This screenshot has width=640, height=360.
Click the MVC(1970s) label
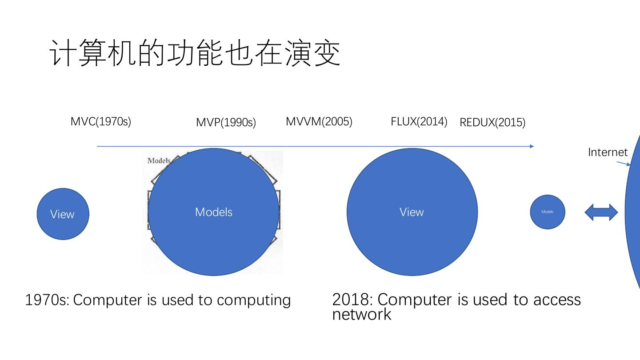tap(101, 121)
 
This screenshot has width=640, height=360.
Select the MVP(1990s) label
tap(226, 122)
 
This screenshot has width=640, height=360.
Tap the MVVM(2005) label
tap(319, 121)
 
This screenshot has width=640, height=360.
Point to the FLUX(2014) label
tap(419, 121)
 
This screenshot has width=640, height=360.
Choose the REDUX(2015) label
tap(492, 122)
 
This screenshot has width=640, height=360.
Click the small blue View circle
tap(63, 214)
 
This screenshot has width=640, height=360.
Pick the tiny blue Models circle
tap(548, 212)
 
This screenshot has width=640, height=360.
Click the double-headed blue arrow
tap(601, 212)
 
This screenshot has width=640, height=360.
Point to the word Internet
tap(608, 152)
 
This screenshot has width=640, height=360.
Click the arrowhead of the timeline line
tap(532, 146)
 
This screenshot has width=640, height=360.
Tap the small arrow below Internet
tap(624, 163)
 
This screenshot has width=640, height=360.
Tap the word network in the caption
tap(361, 314)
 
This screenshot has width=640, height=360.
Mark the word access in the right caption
tap(557, 300)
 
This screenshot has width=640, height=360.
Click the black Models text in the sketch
tap(159, 160)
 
